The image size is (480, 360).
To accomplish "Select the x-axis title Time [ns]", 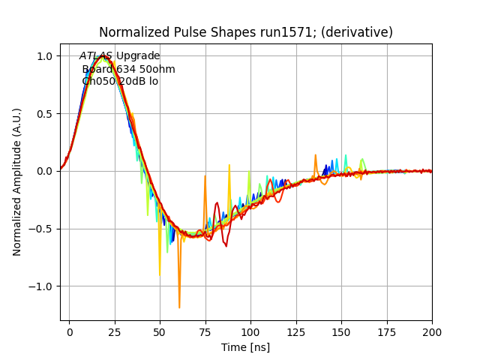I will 245,347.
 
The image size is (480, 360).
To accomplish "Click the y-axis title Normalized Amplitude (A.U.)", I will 17,181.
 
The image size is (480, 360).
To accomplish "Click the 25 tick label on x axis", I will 115,331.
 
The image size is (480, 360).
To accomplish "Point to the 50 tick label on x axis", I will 160,331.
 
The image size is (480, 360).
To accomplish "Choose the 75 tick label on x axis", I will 205,331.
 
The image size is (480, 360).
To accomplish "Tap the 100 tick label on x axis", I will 250,331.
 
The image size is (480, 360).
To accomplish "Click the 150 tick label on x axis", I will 341,331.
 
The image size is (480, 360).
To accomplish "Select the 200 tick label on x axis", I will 431,331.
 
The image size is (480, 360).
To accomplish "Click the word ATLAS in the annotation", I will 96,56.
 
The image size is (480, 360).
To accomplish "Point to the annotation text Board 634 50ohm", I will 128,69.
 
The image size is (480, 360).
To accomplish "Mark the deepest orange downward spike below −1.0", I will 179,307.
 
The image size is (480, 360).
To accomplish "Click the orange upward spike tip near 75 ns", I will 205,176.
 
